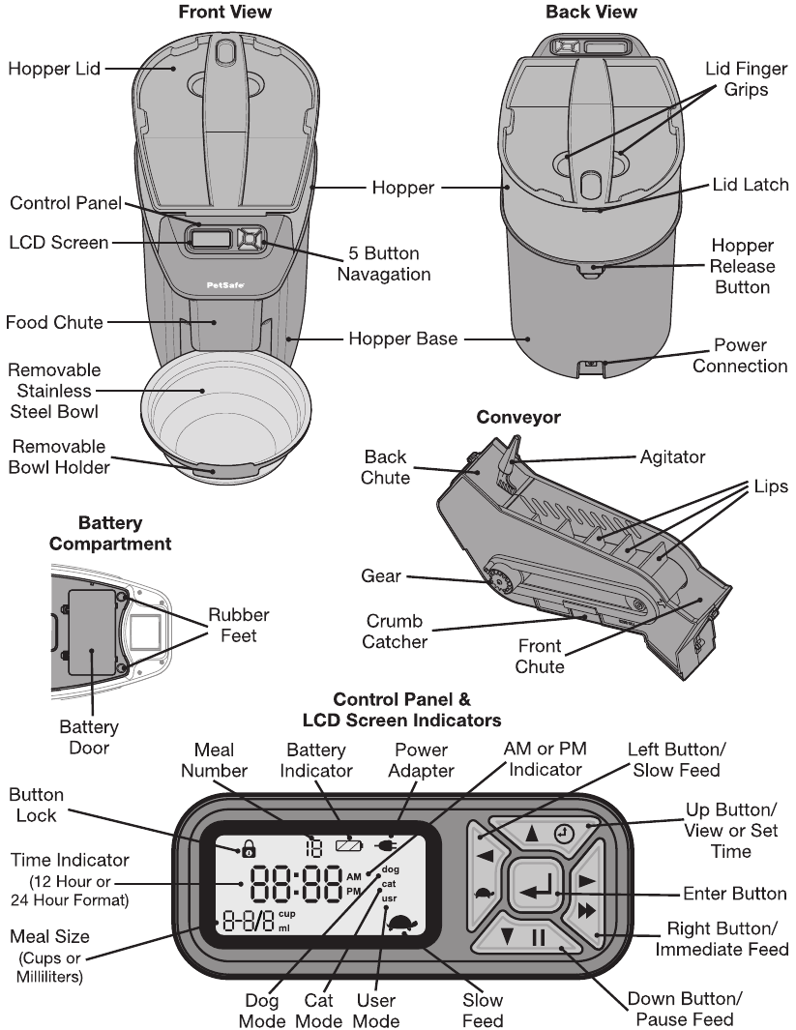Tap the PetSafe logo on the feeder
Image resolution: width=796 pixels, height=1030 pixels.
tap(225, 285)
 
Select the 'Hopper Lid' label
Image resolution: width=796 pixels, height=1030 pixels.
tap(54, 69)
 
